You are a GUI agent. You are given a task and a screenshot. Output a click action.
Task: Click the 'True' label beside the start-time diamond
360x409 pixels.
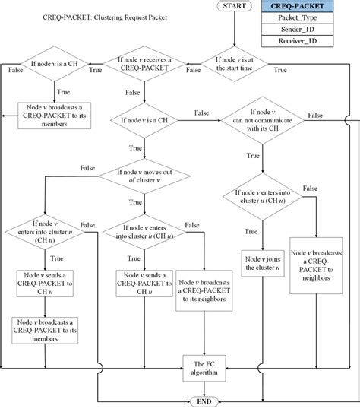tap(279, 70)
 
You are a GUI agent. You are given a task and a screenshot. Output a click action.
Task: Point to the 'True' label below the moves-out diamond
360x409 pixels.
tap(135, 202)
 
